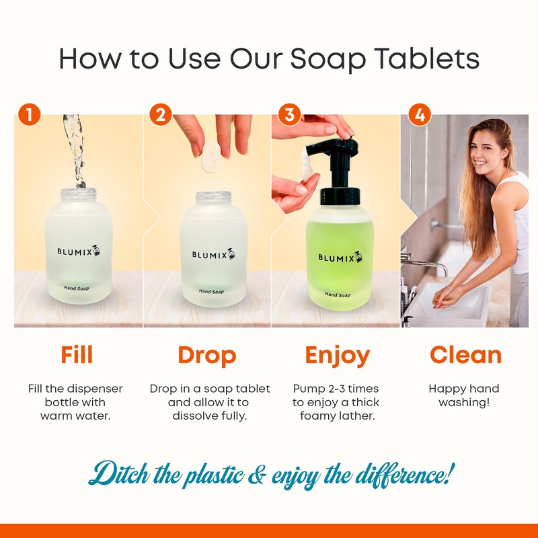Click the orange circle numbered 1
coord(29,114)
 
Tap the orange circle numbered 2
coord(159,114)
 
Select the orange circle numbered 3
coord(289,114)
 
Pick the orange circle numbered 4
coord(420,114)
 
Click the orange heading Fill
coord(77,354)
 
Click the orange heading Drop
coord(206,354)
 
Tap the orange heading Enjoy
coord(337,354)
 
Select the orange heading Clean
coord(465,354)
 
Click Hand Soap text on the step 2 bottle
coord(211,291)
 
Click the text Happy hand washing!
coord(464,395)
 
